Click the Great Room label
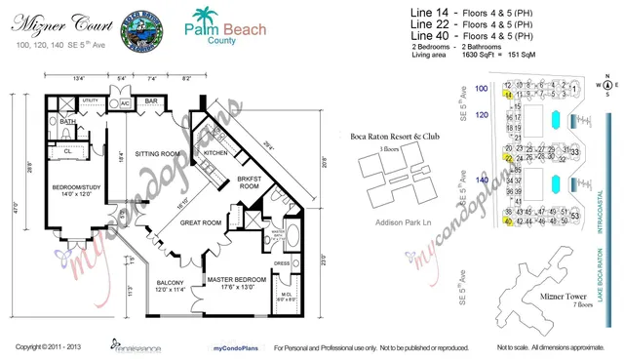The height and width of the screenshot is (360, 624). click(201, 222)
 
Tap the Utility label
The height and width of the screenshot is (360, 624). click(91, 100)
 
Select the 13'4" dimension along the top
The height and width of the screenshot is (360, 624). click(78, 77)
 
